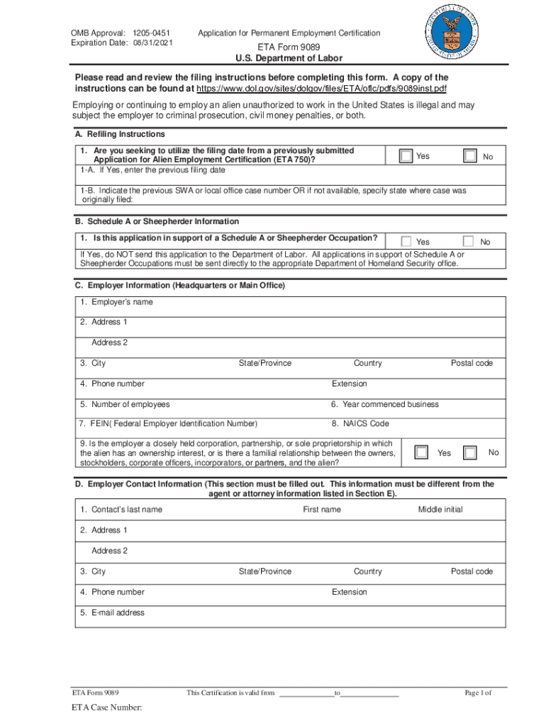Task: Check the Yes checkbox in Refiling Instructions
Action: pos(406,156)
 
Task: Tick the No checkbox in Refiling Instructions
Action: pos(469,156)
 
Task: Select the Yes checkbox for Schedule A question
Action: pos(406,242)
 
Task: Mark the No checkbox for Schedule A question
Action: pos(468,242)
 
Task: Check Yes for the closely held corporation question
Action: pos(422,452)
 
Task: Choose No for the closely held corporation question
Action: pos(469,452)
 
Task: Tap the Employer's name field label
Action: pos(116,302)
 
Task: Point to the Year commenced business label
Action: pos(385,404)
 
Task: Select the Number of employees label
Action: pos(125,404)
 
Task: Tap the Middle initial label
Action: pos(440,509)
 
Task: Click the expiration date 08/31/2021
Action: pos(152,43)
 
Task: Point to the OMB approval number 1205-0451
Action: pos(152,33)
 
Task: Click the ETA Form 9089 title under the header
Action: pos(289,48)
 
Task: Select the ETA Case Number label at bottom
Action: pos(106,708)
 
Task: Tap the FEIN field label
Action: pos(169,424)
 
